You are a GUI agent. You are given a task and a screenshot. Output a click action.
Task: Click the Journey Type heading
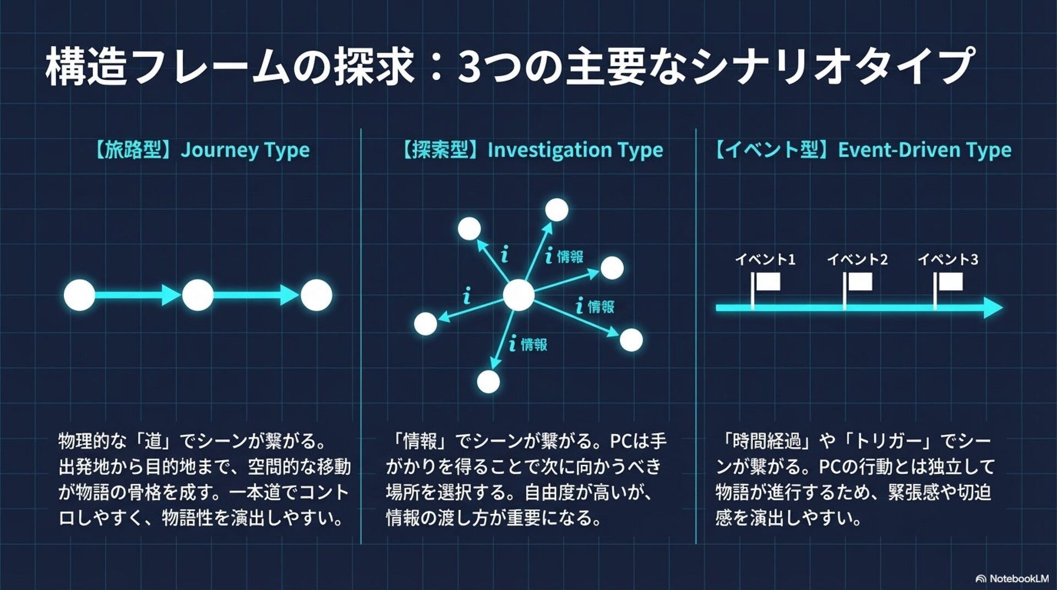pyautogui.click(x=201, y=150)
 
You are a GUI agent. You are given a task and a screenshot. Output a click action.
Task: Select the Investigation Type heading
pyautogui.click(x=532, y=150)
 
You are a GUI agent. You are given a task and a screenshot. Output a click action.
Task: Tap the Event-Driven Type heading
pyautogui.click(x=863, y=150)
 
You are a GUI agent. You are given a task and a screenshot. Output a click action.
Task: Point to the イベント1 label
pyautogui.click(x=765, y=259)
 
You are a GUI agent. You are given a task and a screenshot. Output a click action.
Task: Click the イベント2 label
pyautogui.click(x=857, y=259)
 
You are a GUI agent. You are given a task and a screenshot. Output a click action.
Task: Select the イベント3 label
pyautogui.click(x=947, y=259)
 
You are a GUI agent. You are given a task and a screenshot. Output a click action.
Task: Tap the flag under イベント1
pyautogui.click(x=767, y=282)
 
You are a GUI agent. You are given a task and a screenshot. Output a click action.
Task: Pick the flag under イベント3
pyautogui.click(x=950, y=282)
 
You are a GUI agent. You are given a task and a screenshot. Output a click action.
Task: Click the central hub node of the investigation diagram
pyautogui.click(x=518, y=295)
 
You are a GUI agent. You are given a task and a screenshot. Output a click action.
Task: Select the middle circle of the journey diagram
pyautogui.click(x=198, y=295)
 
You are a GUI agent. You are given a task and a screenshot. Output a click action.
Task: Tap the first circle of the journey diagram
pyautogui.click(x=80, y=295)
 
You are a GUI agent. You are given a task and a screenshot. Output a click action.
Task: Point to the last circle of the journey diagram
pyautogui.click(x=317, y=295)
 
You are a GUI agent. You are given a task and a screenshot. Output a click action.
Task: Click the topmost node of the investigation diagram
pyautogui.click(x=557, y=210)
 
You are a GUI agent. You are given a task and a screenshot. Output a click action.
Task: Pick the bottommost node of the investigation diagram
pyautogui.click(x=488, y=381)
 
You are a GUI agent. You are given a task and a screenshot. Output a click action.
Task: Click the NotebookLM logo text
pyautogui.click(x=1018, y=578)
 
